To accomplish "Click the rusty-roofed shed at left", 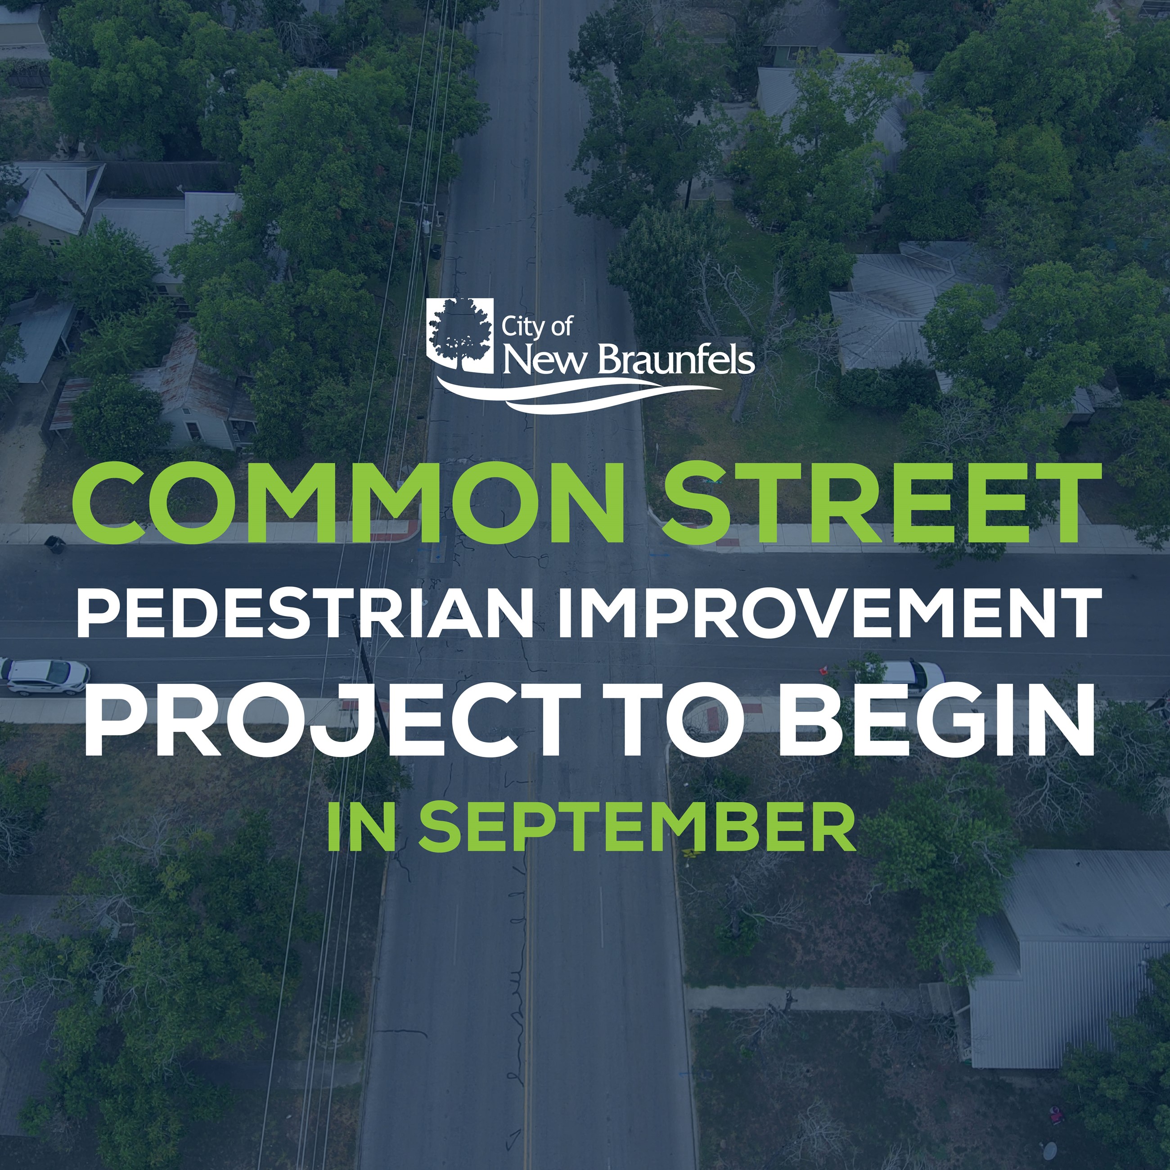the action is tap(70, 403).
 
